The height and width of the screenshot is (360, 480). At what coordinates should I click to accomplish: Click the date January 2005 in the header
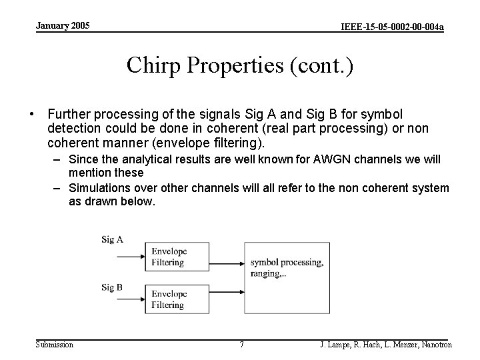62,26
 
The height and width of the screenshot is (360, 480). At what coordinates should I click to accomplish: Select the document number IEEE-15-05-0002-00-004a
392,27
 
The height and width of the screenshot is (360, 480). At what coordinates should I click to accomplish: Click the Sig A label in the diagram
112,239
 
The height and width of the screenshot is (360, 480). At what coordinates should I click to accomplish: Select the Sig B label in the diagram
112,287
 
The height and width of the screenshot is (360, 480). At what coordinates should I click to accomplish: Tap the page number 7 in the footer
241,345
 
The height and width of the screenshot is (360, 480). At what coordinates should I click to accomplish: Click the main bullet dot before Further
32,115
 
